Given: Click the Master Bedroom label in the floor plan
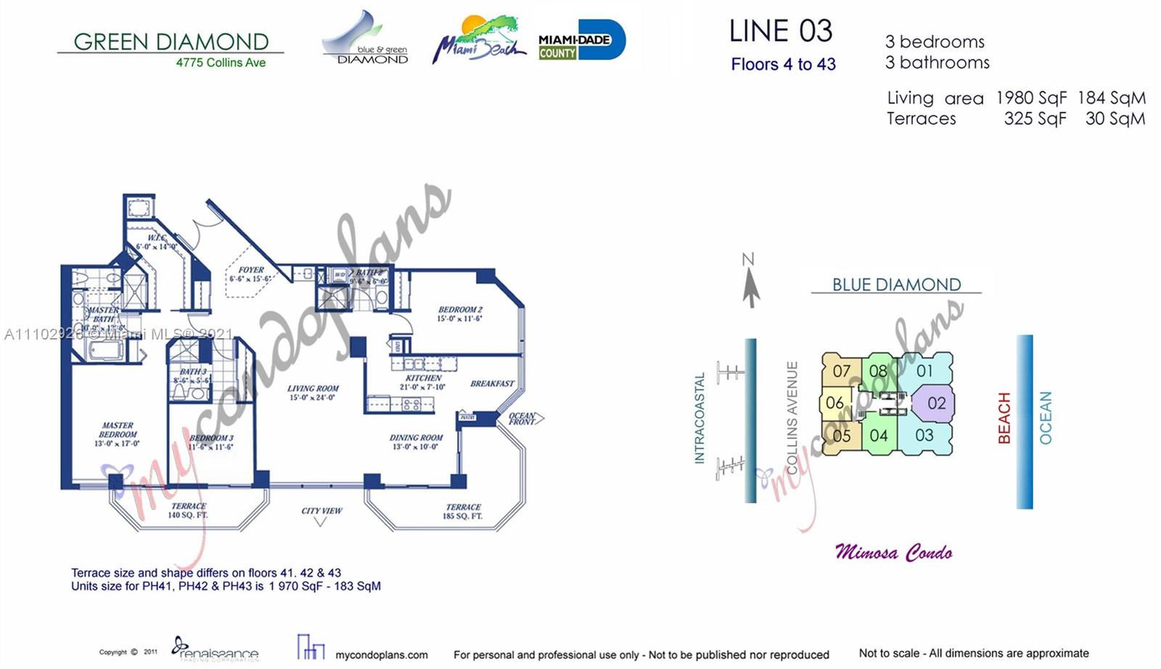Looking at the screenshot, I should (x=118, y=434).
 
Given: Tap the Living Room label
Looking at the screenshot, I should (x=313, y=393).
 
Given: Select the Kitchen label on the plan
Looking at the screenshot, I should (x=424, y=382).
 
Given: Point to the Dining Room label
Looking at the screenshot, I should (x=416, y=442).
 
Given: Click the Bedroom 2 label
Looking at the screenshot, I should (x=460, y=313).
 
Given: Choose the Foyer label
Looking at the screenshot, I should (x=251, y=274).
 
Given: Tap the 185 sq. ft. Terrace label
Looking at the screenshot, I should (x=463, y=512).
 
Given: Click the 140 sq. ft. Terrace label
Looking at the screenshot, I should (x=188, y=510).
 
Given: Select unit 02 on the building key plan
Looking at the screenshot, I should (x=936, y=403).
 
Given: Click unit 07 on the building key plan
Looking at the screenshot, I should (x=841, y=372).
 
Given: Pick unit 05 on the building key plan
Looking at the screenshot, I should (x=841, y=436).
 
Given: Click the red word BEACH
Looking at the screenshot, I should (x=1004, y=418).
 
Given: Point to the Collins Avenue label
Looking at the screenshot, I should (x=792, y=417).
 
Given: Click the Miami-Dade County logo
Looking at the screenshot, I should (x=581, y=41).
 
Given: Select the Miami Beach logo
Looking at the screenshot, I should (x=478, y=39).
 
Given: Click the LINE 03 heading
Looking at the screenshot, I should (x=781, y=31).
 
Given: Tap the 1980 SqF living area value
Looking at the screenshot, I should (x=1031, y=98).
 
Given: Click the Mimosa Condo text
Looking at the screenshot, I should (x=893, y=552).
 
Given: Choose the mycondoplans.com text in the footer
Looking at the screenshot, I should (x=382, y=654).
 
